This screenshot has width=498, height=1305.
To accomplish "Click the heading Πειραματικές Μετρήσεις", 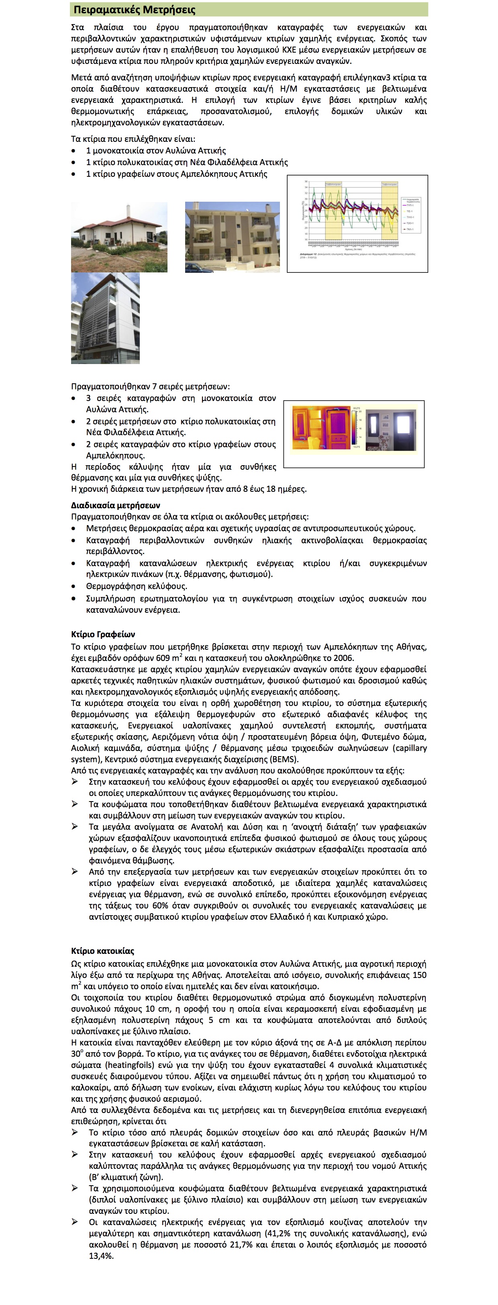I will click(134, 10).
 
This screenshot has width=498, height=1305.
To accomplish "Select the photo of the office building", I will click(105, 318).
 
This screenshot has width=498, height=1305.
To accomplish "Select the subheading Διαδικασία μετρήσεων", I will click(116, 505).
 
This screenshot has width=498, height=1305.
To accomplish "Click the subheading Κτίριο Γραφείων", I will click(103, 634).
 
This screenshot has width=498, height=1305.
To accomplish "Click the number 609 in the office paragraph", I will click(163, 658).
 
